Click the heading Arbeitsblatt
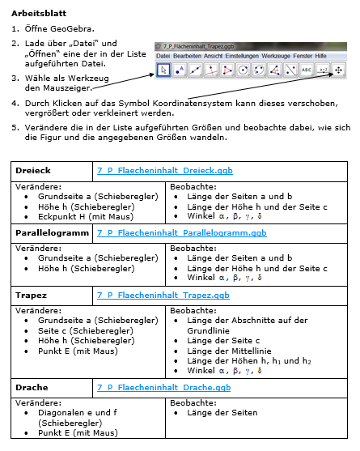click(36, 14)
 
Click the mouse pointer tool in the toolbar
click(163, 70)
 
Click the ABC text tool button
click(306, 70)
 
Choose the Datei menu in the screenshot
click(163, 55)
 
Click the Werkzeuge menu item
click(273, 55)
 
